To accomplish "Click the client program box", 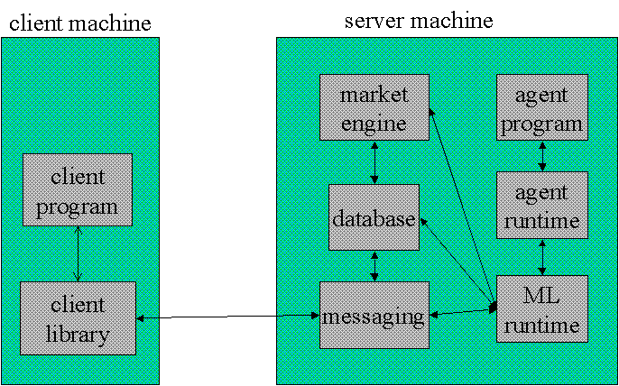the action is (x=78, y=189).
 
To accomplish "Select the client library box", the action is (x=78, y=318).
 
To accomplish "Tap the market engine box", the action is (x=374, y=107).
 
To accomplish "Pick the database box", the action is (x=374, y=217).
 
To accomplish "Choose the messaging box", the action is (x=374, y=315).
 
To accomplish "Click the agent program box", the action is (x=542, y=107).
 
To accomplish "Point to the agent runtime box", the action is (x=542, y=205).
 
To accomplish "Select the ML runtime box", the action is (x=542, y=308).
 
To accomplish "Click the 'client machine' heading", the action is (x=80, y=23).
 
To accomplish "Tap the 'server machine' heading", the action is (x=420, y=20).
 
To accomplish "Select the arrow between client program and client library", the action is (x=78, y=253).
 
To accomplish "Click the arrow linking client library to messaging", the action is (x=227, y=317).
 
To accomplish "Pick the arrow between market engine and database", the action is (x=374, y=161).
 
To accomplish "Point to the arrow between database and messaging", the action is (x=374, y=266).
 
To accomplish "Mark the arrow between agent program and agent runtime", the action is (x=542, y=155).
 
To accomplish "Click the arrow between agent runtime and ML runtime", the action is (x=542, y=257).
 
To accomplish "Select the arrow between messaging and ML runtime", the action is (x=463, y=312).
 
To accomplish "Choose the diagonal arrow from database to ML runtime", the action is (x=458, y=264).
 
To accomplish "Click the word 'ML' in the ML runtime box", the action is (x=541, y=295).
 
